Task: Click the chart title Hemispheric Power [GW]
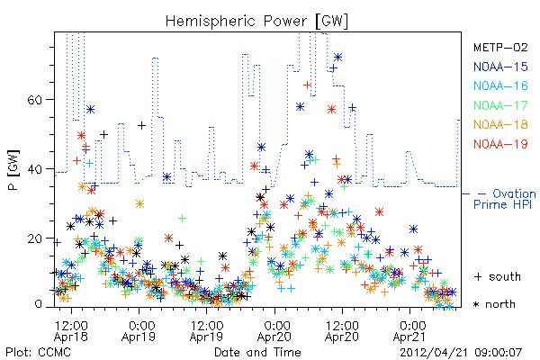pyautogui.click(x=256, y=22)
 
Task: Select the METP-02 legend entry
pyautogui.click(x=500, y=47)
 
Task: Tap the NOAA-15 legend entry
pyautogui.click(x=500, y=67)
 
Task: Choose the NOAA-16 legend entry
pyautogui.click(x=500, y=85)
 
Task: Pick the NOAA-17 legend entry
pyautogui.click(x=500, y=105)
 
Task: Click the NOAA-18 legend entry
pyautogui.click(x=500, y=124)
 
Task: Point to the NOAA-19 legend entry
pyautogui.click(x=500, y=144)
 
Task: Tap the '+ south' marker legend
pyautogui.click(x=498, y=276)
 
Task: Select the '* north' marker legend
pyautogui.click(x=494, y=304)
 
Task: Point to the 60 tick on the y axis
pyautogui.click(x=34, y=100)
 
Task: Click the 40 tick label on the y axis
pyautogui.click(x=34, y=169)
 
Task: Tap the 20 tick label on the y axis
pyautogui.click(x=34, y=238)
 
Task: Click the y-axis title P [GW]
pyautogui.click(x=13, y=170)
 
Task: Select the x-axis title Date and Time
pyautogui.click(x=257, y=352)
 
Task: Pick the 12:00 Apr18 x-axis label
pyautogui.click(x=71, y=330)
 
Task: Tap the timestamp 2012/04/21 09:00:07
pyautogui.click(x=461, y=353)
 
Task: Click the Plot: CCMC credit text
pyautogui.click(x=38, y=352)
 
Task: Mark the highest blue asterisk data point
pyautogui.click(x=337, y=58)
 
